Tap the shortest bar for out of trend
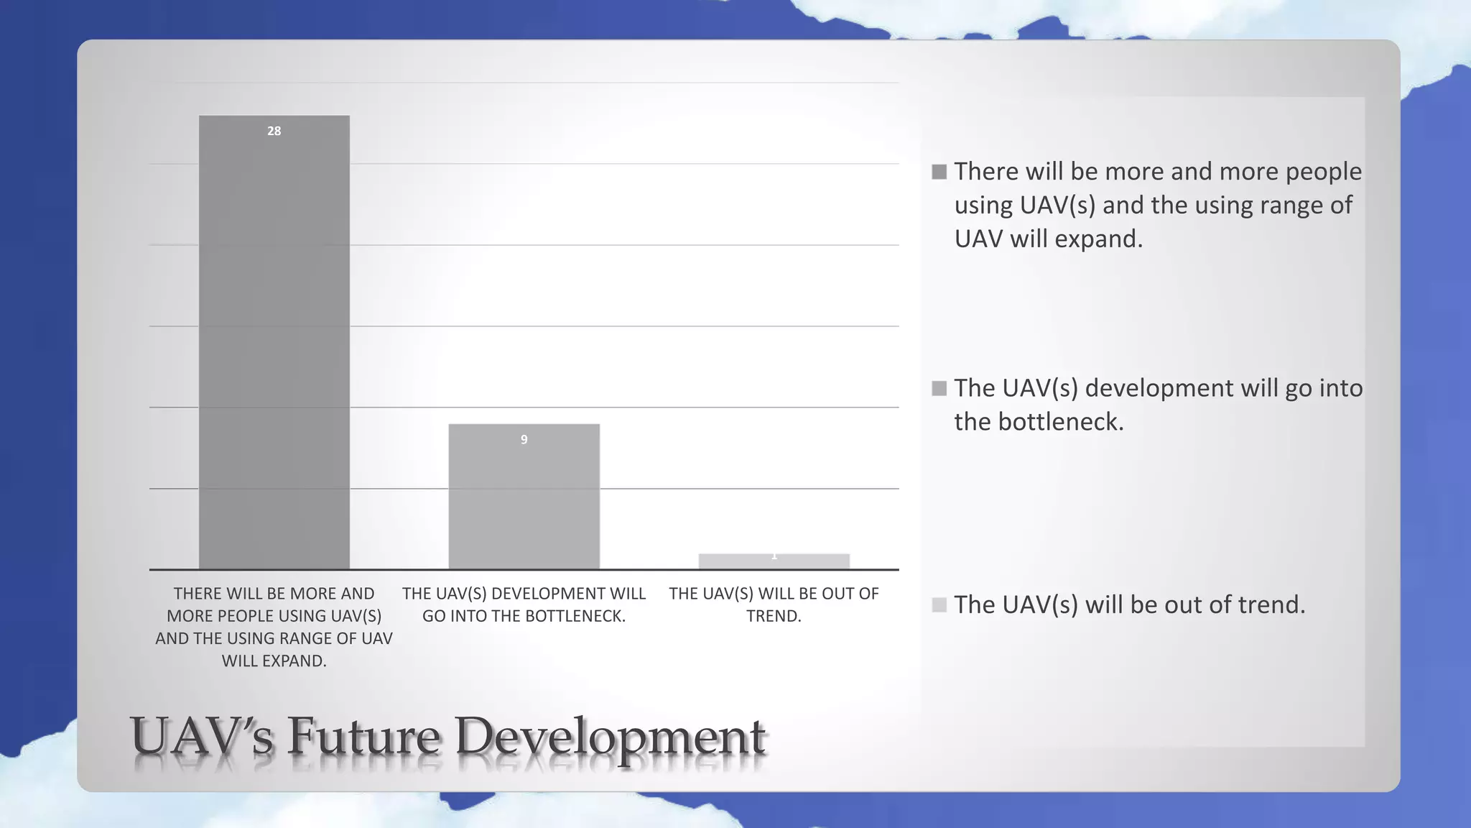[774, 561]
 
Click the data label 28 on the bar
[274, 131]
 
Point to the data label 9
[524, 439]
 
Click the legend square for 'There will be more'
[939, 172]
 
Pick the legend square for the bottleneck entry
[939, 389]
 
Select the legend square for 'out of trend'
[939, 605]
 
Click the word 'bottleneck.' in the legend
[1061, 422]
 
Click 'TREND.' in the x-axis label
[774, 616]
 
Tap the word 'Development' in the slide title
[610, 737]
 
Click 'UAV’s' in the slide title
[201, 736]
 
